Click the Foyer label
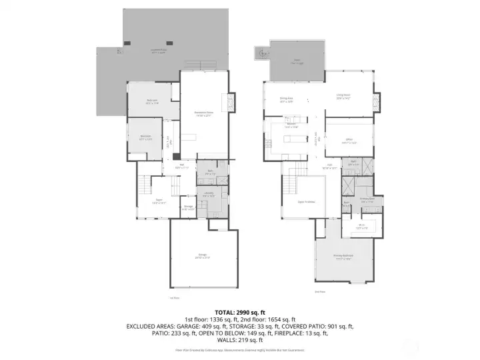[x=159, y=201]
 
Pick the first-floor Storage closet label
[x=189, y=207]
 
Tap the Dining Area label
[x=287, y=100]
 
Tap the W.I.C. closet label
[x=360, y=227]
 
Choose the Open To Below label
[x=297, y=201]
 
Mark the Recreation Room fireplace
[x=231, y=103]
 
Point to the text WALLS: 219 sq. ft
[x=240, y=341]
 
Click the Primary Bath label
[x=367, y=199]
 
